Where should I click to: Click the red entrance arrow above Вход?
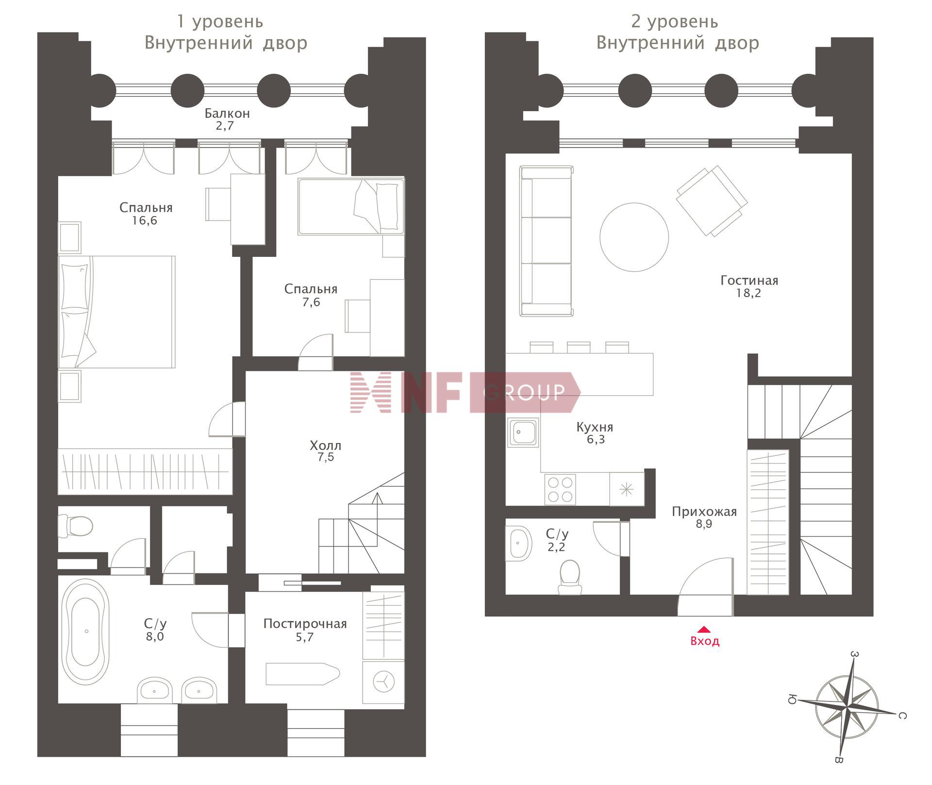(704, 630)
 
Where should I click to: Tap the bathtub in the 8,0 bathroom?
(86, 632)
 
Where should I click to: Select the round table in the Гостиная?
(634, 237)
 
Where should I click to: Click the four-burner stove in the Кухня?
(560, 489)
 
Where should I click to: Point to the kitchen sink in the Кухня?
(523, 432)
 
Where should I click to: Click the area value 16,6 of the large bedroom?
(144, 220)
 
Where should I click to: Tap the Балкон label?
(227, 113)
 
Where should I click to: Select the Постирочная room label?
(305, 623)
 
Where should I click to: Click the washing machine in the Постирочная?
(383, 682)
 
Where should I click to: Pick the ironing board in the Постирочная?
(302, 674)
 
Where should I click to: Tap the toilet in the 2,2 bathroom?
(570, 577)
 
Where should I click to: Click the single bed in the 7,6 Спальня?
(351, 206)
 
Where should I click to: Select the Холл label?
(325, 445)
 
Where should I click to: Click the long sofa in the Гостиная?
(546, 241)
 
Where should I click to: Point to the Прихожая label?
(704, 511)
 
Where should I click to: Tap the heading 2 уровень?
(675, 22)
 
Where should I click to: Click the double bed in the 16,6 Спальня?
(116, 312)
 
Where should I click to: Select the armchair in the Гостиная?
(712, 200)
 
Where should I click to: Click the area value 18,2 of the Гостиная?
(749, 293)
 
